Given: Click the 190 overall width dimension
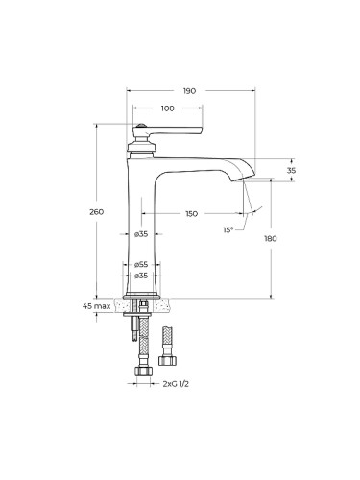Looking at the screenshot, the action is [189, 91].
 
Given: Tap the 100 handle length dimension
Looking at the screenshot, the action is [168, 108].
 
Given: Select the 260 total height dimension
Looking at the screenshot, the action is [96, 212].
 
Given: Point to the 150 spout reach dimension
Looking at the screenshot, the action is [191, 213].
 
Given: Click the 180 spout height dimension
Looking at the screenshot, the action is [271, 239].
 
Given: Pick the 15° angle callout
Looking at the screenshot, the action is [228, 229].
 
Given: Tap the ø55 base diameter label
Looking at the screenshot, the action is [141, 265].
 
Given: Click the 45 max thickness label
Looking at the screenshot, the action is [97, 306].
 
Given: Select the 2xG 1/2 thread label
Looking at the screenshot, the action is [176, 384].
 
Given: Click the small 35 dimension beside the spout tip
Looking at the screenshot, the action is [291, 171].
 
